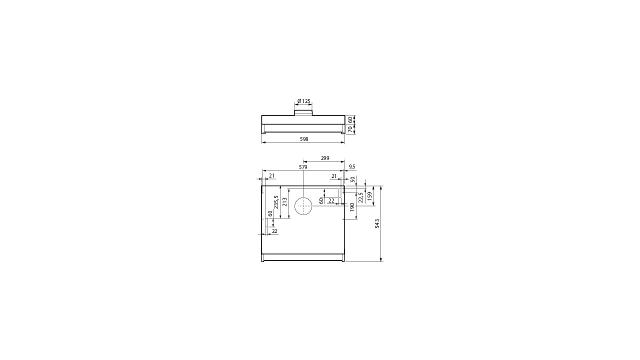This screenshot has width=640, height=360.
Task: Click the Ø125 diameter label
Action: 303,101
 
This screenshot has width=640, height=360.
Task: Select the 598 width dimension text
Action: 304,139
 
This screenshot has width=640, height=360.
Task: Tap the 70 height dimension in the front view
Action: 350,129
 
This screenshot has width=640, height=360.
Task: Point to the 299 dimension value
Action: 325,158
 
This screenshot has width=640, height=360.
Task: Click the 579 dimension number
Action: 303,167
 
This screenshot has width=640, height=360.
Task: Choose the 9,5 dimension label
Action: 352,166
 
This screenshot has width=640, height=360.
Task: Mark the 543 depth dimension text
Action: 377,223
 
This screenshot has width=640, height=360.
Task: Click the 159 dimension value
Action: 369,196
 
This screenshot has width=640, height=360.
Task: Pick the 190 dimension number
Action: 352,207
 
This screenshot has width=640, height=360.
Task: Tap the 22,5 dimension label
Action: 360,197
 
